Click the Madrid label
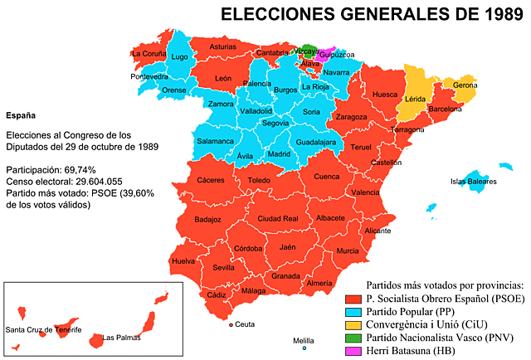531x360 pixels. [x=280, y=153]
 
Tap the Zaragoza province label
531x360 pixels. [x=351, y=117]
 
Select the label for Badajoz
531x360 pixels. [x=207, y=220]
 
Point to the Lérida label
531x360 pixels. [x=414, y=100]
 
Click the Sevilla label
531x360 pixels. [x=223, y=268]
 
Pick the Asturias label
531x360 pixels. [x=222, y=47]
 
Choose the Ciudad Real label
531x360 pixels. [x=278, y=219]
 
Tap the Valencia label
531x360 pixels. [x=365, y=192]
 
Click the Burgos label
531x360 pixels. [x=285, y=90]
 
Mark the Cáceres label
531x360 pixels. [x=211, y=180]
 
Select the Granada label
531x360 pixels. [x=285, y=276]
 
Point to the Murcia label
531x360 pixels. [x=348, y=251]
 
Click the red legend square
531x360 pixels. [x=353, y=299]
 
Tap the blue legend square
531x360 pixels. [x=353, y=313]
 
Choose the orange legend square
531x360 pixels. [x=353, y=325]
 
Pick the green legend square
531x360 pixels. [x=353, y=338]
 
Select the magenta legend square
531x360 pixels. [x=353, y=351]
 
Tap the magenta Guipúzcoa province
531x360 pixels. [x=325, y=56]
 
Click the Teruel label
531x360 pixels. [x=361, y=147]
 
